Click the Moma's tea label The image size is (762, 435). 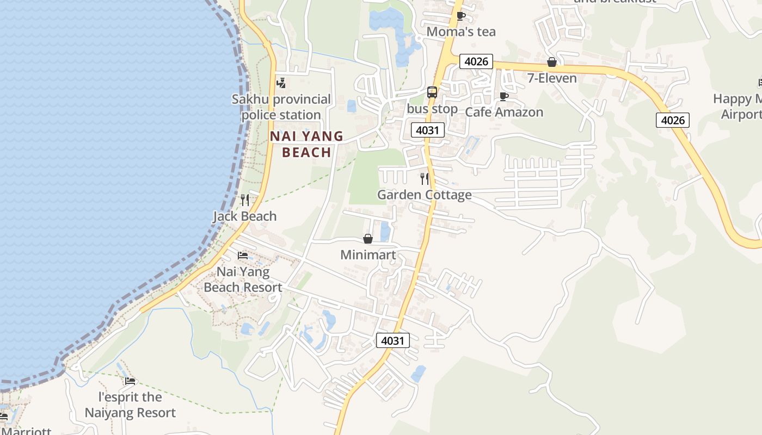pos(461,32)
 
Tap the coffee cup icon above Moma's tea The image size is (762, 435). pos(460,16)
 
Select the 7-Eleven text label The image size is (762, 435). pos(552,78)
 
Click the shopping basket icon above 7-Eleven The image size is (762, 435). pos(552,62)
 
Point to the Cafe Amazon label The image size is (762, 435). pos(504,113)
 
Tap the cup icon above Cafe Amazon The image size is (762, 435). pos(504,97)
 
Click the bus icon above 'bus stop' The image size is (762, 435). pos(432,92)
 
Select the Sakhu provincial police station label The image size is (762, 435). pos(281,107)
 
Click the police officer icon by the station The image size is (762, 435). pos(281,83)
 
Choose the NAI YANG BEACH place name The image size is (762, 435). pos(307,144)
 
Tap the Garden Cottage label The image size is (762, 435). pos(425,195)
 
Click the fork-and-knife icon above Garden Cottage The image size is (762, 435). pos(425,178)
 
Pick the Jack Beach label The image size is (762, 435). pos(244,216)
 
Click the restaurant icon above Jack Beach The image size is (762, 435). pos(245,200)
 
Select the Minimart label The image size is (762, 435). pos(368,255)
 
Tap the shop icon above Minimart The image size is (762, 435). pos(368,239)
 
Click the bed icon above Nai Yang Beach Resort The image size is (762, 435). pos(243,255)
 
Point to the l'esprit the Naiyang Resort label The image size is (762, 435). pos(130,405)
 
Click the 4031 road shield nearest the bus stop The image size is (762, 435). pos(428,130)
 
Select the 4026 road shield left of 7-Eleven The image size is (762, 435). pos(476,61)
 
